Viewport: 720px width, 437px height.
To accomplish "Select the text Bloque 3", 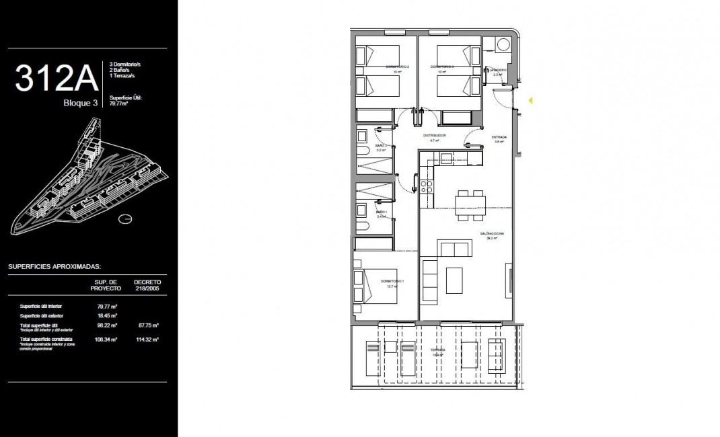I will click(x=80, y=103).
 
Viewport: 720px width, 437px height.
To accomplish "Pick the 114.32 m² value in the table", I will click(x=146, y=340).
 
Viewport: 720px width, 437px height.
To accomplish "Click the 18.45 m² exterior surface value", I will click(x=107, y=315).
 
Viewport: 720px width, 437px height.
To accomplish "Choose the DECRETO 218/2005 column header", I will click(x=147, y=285).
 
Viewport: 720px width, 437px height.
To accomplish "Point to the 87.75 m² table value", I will click(x=146, y=325).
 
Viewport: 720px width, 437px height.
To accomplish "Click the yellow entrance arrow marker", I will click(x=530, y=101).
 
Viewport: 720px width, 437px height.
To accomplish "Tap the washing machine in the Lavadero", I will click(x=501, y=45).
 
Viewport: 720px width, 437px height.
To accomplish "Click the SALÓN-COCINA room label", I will click(x=492, y=235).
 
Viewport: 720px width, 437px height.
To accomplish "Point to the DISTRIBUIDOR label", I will click(x=434, y=135).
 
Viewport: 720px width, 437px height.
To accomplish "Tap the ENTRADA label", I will click(x=499, y=137).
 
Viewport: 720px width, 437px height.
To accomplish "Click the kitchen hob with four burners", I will click(x=426, y=186).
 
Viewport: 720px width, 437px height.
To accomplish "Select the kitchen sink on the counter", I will click(x=446, y=158).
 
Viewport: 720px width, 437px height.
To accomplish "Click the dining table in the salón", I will click(x=469, y=205).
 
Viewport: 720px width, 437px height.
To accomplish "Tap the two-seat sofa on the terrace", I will click(x=497, y=353).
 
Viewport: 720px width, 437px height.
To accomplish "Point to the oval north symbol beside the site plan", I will click(x=124, y=218).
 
